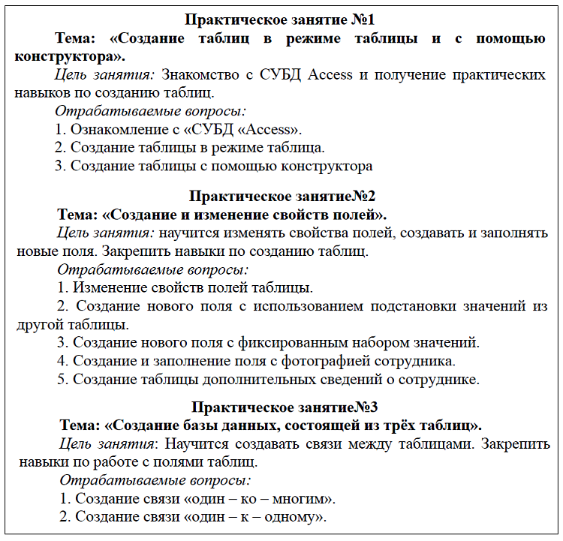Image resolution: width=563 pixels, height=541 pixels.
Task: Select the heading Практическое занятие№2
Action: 282,197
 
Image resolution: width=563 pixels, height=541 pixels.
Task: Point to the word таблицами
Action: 445,443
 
